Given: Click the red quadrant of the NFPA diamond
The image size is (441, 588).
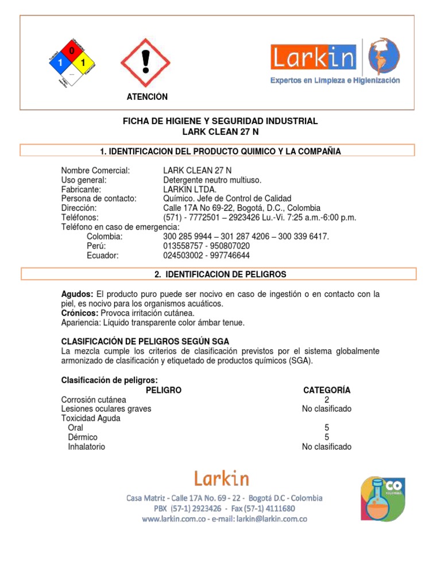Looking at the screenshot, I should click(x=72, y=51).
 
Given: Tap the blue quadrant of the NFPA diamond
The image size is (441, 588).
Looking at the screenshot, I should click(x=60, y=62).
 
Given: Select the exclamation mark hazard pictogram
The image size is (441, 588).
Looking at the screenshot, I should click(x=145, y=63).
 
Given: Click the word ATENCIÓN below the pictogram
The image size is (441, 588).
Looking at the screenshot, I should click(x=147, y=97).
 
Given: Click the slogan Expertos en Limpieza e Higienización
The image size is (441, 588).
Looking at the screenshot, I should click(x=335, y=81).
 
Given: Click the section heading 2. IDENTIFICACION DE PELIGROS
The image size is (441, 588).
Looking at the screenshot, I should click(x=220, y=274).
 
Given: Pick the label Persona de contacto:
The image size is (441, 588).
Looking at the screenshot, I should click(x=99, y=198).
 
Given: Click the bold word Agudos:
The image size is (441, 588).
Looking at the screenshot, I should click(x=77, y=294).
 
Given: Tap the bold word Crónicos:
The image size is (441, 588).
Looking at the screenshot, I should click(x=80, y=313).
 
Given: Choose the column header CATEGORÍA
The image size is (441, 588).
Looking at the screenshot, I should click(x=326, y=390).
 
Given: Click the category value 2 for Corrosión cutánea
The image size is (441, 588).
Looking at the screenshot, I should click(x=326, y=400).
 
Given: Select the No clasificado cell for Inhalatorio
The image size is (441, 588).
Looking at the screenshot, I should click(x=326, y=447).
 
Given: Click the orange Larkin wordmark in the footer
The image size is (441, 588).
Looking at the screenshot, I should click(x=220, y=478).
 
